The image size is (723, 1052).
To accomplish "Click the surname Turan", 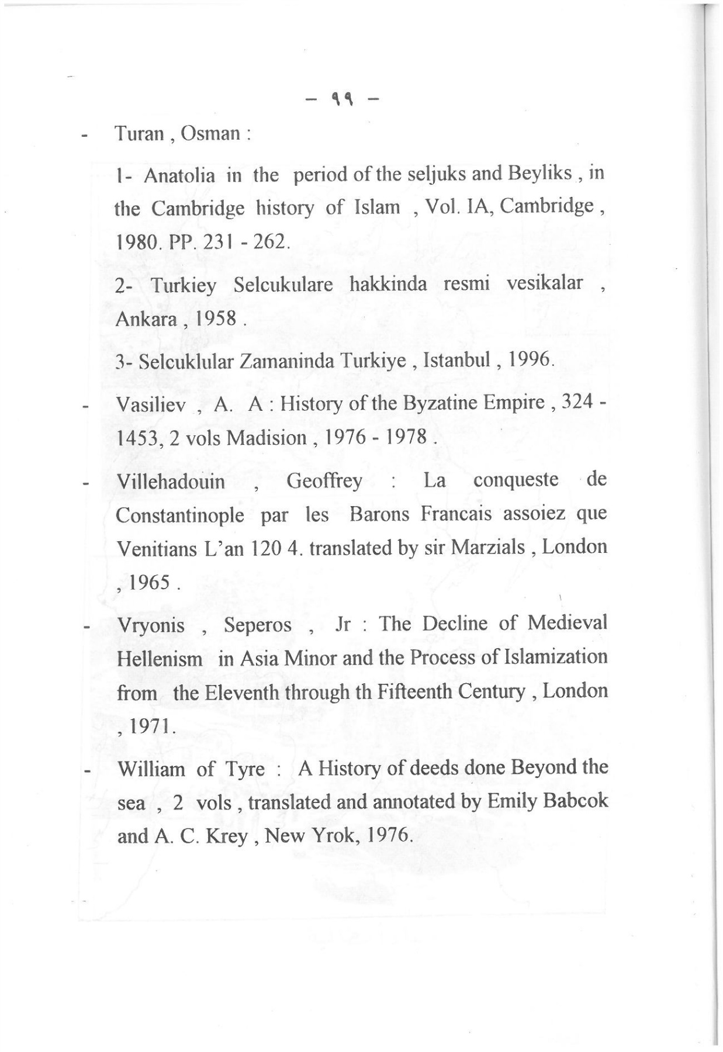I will point(138,134).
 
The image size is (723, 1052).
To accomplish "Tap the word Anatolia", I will point(179,175).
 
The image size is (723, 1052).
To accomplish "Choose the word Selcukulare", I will point(283,285).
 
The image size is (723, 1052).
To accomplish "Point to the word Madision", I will point(266,438).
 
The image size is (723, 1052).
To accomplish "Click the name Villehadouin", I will point(171,482).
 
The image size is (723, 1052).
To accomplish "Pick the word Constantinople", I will point(180,515).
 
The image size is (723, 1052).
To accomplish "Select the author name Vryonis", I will point(151,626).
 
